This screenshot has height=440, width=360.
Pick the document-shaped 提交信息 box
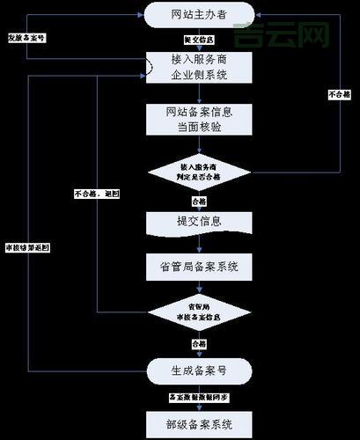[191, 221]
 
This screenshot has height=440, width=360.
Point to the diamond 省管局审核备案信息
[191, 311]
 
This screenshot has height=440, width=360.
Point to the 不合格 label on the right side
[339, 94]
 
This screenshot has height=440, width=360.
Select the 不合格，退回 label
[97, 193]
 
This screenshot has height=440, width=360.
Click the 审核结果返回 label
[27, 248]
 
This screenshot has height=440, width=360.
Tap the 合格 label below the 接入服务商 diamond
[191, 200]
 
